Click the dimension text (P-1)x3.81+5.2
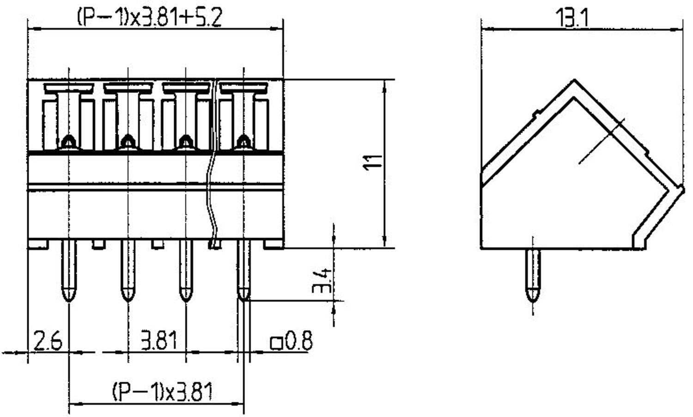coord(149,18)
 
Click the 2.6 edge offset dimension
coord(48,342)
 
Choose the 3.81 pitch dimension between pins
coord(158,342)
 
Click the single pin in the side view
coord(533,275)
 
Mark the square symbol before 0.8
coord(276,343)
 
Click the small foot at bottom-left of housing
coord(38,245)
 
